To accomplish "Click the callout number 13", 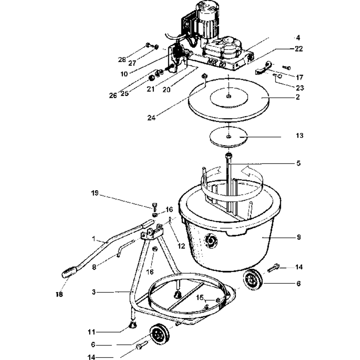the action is [299, 135].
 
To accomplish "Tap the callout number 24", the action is [151, 118].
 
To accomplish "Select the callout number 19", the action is [94, 193].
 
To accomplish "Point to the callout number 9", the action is [298, 237].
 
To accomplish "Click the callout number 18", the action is [59, 294].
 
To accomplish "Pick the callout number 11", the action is [92, 332].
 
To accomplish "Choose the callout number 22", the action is [299, 49].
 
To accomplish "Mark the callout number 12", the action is [181, 246].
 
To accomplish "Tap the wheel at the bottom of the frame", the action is [160, 335].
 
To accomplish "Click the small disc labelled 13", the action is [229, 137].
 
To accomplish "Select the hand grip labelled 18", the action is [69, 272].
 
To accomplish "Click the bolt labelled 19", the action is [154, 207].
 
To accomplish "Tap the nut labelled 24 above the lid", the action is [204, 76].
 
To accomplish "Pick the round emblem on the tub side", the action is [210, 241].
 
